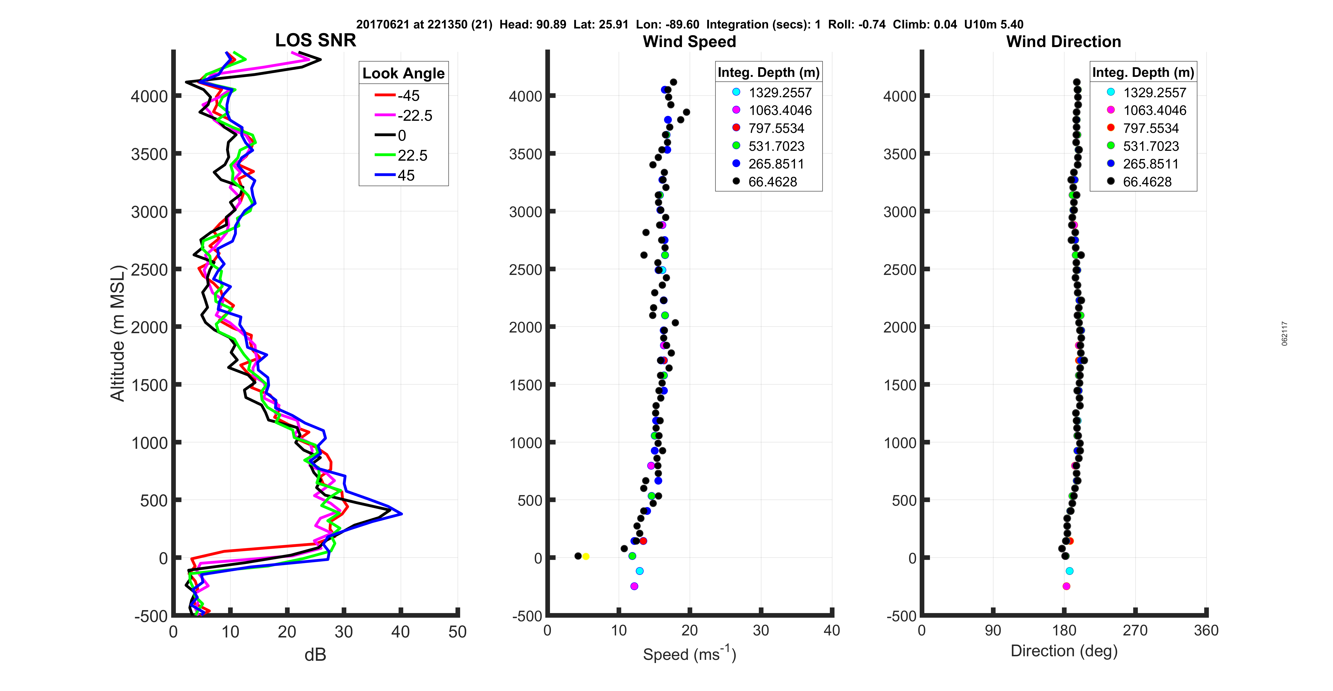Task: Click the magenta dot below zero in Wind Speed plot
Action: tap(634, 586)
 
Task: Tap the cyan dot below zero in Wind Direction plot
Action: tap(1069, 571)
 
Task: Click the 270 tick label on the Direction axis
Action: tap(1135, 631)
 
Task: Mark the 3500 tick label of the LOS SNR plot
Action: tap(149, 154)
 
